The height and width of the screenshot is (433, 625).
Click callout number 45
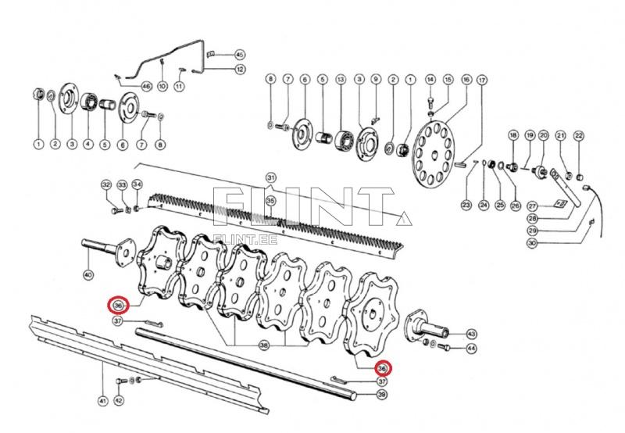point(240,54)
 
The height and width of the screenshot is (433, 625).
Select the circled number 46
point(146,85)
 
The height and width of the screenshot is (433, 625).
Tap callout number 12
point(241,70)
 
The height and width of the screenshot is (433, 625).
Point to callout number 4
point(87,144)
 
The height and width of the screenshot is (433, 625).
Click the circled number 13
point(341,79)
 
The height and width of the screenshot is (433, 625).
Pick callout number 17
point(482,79)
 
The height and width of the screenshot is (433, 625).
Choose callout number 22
point(579,136)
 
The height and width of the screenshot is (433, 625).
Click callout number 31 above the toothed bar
point(271,176)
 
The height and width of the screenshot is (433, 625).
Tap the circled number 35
point(270,202)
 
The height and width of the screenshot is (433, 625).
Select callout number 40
point(87,274)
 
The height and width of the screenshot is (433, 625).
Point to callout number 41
point(102,401)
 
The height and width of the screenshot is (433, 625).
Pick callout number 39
point(382,395)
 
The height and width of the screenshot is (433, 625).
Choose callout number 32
point(106,184)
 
